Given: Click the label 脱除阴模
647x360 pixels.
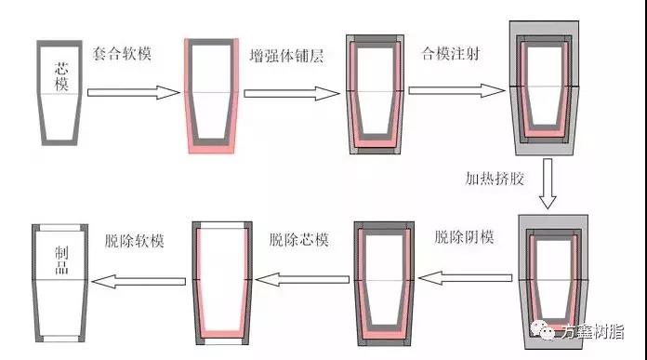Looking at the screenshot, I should (463, 237).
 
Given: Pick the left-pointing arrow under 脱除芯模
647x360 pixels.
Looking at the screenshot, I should (301, 276).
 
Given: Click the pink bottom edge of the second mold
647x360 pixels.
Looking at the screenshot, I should (212, 148).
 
